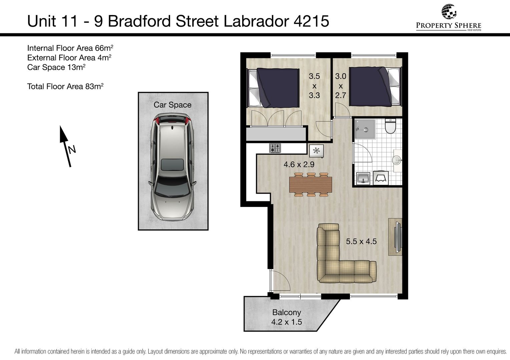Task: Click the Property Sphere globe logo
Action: click(x=449, y=12)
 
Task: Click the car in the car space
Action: click(x=172, y=167)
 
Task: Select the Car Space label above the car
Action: click(x=172, y=105)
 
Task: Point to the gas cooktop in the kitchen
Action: click(x=275, y=148)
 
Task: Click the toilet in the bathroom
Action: click(x=391, y=126)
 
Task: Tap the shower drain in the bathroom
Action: click(x=366, y=130)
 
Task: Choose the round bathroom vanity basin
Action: click(x=397, y=160)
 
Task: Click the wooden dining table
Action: click(x=311, y=185)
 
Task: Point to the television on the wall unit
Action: click(x=398, y=237)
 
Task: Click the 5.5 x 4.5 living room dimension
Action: click(x=361, y=241)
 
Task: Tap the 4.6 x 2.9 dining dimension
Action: click(x=299, y=164)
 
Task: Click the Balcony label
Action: click(x=287, y=312)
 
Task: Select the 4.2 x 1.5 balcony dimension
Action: click(x=287, y=322)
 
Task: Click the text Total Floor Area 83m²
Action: click(x=65, y=86)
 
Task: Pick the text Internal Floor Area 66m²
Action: click(x=70, y=48)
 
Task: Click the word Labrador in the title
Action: click(x=257, y=21)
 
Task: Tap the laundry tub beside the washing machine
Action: click(x=363, y=178)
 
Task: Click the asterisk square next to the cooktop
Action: click(x=316, y=151)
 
